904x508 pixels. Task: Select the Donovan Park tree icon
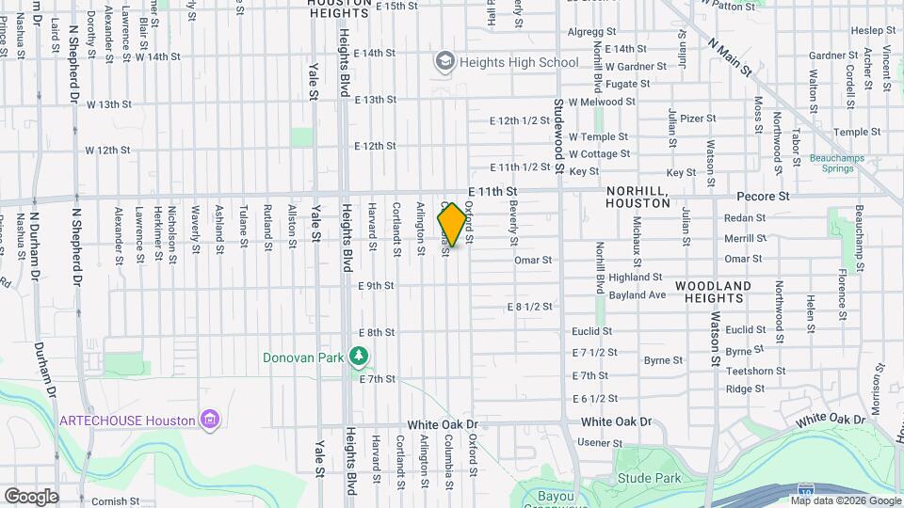coord(358,357)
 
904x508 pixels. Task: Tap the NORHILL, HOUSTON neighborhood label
coord(638,196)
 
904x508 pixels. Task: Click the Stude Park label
coord(649,478)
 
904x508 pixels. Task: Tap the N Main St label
coord(732,57)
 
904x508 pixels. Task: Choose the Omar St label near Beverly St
coord(533,260)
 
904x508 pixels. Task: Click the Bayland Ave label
coord(638,294)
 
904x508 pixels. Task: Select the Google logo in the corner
coord(31,496)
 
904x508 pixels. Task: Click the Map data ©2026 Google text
coord(845,501)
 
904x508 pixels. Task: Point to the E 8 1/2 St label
coord(528,308)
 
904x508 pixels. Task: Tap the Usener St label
coord(594,442)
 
